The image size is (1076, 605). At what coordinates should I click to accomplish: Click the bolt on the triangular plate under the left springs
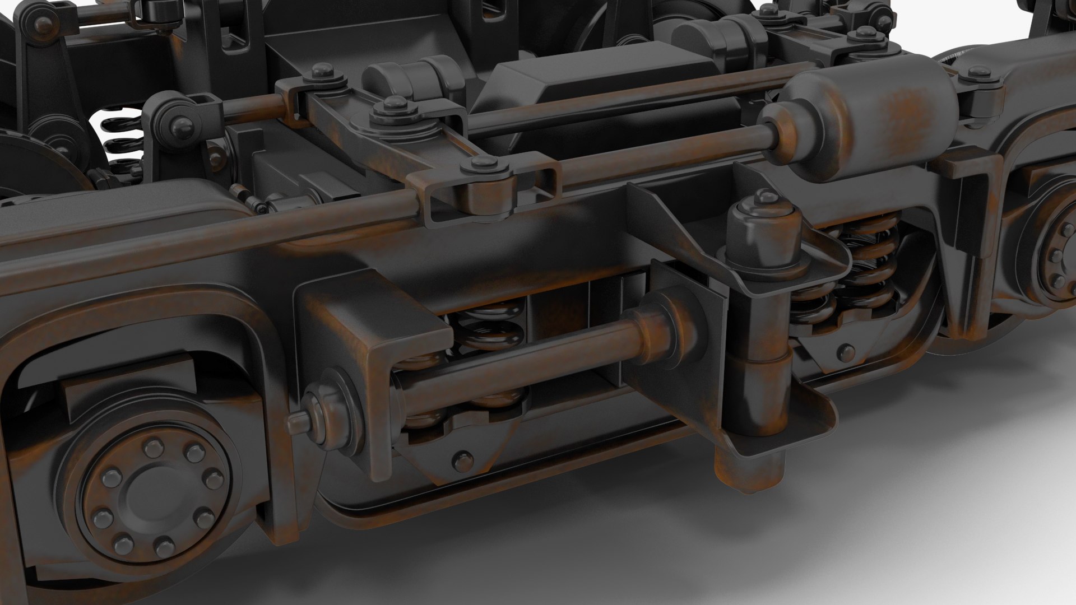click(x=461, y=461)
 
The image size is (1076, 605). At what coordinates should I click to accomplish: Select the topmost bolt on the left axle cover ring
click(x=152, y=447)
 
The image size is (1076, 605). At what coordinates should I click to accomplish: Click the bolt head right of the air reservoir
click(x=980, y=72)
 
